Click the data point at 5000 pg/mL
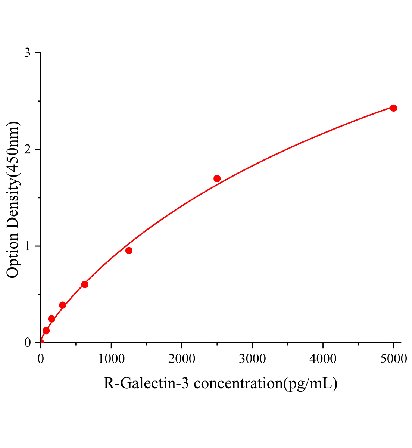393,108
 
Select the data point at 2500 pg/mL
217,178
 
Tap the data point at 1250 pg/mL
129,251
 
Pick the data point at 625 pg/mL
85,284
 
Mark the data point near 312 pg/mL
63,305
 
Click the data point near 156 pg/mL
51,319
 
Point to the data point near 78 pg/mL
46,331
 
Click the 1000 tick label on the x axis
111,359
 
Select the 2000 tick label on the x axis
181,359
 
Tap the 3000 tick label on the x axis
252,359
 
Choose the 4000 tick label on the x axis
323,359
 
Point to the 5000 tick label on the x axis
393,359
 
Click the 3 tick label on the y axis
27,53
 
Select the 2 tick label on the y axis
27,149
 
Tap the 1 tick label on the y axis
27,246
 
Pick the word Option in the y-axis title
13,256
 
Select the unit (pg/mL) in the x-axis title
310,383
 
